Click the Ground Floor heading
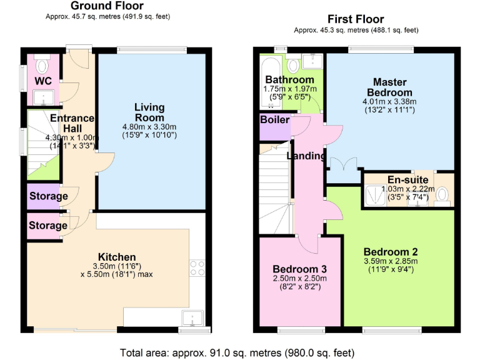(x=107, y=6)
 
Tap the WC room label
(x=43, y=81)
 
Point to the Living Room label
(x=149, y=112)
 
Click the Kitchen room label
(x=117, y=257)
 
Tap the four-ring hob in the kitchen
(x=197, y=269)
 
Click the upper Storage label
(x=48, y=196)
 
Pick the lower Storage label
(x=48, y=225)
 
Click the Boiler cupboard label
(x=274, y=119)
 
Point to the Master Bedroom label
(x=390, y=87)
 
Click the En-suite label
(x=408, y=180)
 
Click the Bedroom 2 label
(x=389, y=252)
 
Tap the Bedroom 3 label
(x=296, y=269)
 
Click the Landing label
(x=306, y=156)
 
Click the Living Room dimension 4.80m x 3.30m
(x=150, y=127)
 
